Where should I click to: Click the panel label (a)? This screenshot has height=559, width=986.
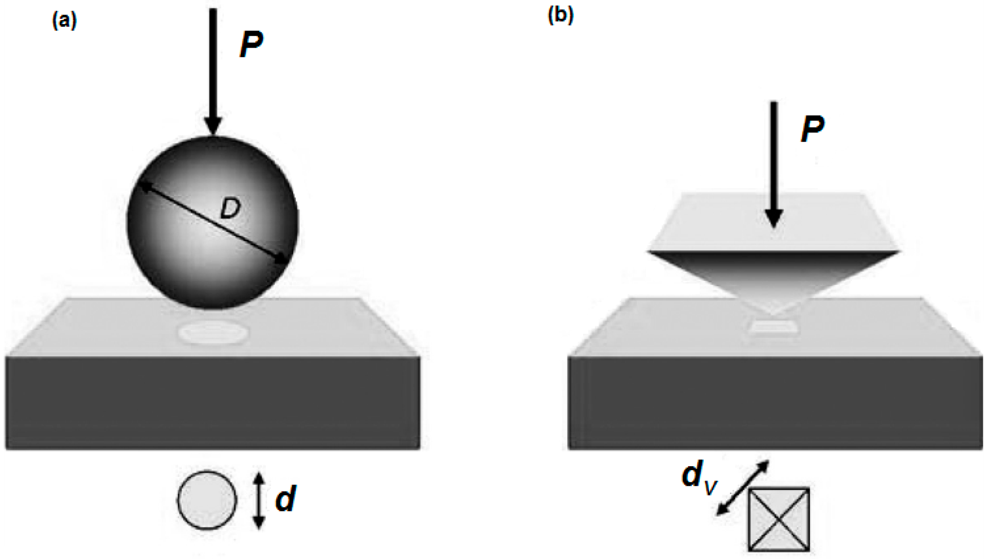(x=65, y=21)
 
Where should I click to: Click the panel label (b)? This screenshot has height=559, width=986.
(x=560, y=15)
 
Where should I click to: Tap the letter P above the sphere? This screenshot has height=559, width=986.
(x=251, y=45)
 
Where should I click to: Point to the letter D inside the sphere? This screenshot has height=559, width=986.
(x=230, y=208)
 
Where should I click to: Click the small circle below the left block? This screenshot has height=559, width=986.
(x=207, y=500)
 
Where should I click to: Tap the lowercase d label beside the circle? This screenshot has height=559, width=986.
(x=286, y=499)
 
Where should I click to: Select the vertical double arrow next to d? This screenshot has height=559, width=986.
(x=259, y=500)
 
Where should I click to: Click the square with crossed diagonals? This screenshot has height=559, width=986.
(x=779, y=519)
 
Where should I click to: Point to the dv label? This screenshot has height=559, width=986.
(x=698, y=478)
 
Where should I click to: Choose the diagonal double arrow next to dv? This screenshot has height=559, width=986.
(x=743, y=488)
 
